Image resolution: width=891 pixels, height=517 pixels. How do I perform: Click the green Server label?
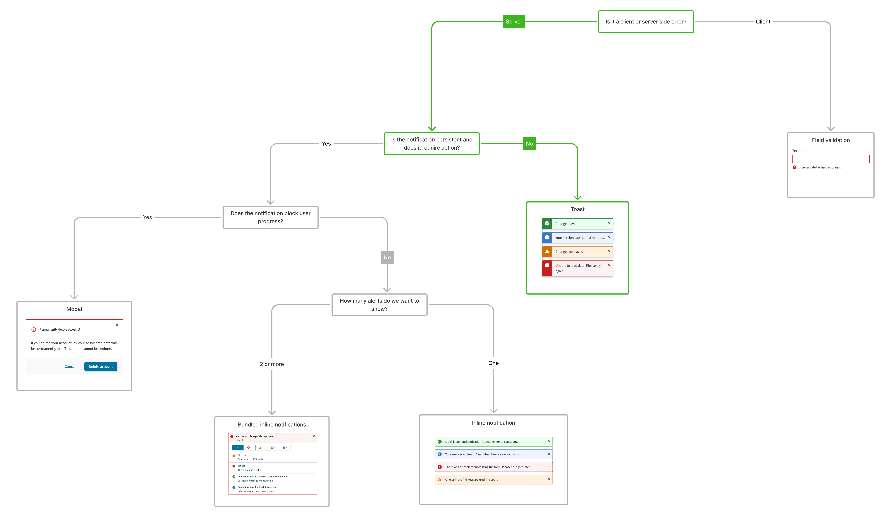(x=514, y=22)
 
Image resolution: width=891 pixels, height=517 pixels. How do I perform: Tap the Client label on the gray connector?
(x=763, y=22)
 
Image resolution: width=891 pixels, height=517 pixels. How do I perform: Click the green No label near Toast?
(x=529, y=144)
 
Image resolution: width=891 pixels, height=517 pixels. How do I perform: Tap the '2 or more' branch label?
(x=272, y=364)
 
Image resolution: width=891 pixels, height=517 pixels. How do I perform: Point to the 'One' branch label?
(x=493, y=363)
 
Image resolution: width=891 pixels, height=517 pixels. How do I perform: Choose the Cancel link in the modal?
(x=70, y=367)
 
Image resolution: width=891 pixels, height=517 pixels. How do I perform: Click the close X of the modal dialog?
(x=117, y=325)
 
